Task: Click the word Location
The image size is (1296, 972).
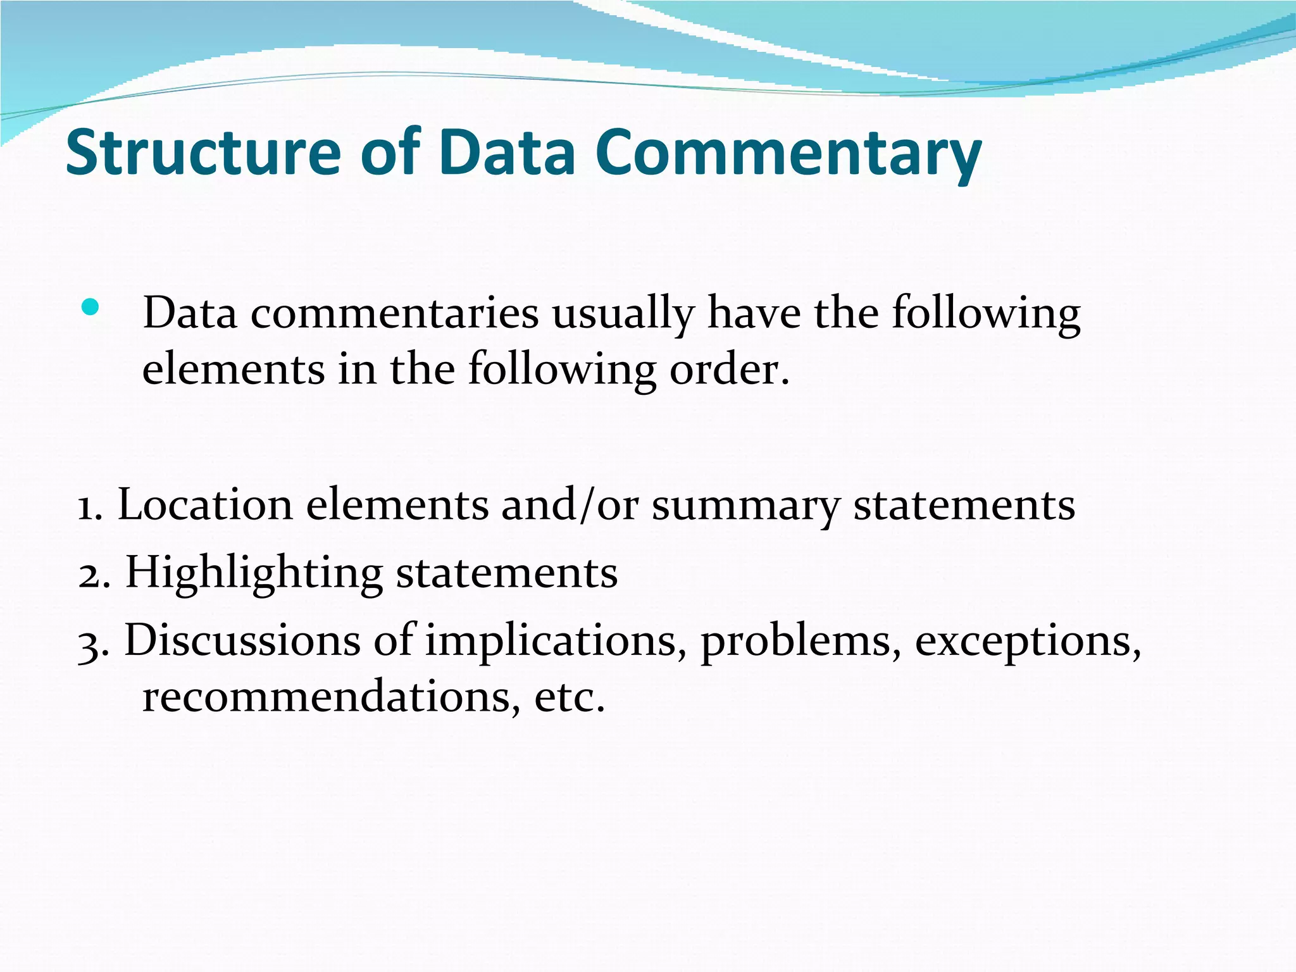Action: [205, 506]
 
